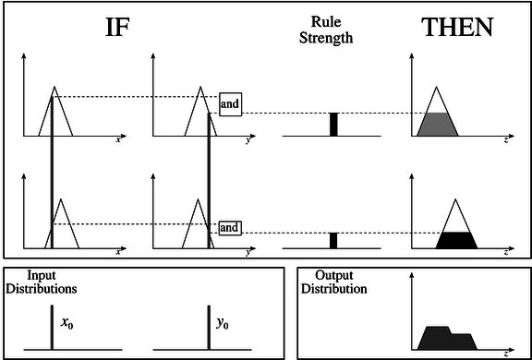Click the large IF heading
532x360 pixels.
[117, 28]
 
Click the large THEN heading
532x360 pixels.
[457, 28]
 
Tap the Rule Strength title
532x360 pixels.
[326, 30]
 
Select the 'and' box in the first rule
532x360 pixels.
[230, 104]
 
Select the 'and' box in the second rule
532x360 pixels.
[230, 227]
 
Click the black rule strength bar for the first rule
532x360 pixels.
[333, 125]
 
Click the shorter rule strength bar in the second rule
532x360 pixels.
[333, 241]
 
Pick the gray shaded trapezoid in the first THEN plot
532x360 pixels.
[438, 125]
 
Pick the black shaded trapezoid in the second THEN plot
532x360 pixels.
[456, 240]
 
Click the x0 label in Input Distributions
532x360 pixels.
[66, 324]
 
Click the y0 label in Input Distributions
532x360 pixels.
[223, 324]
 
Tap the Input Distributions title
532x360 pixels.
[42, 282]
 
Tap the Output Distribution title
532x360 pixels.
[334, 282]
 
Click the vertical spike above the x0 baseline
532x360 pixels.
[52, 328]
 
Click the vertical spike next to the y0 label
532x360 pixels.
[209, 328]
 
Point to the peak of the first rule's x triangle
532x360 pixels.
[54, 87]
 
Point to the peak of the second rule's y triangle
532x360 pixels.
[198, 199]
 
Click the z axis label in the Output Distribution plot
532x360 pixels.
[506, 354]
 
